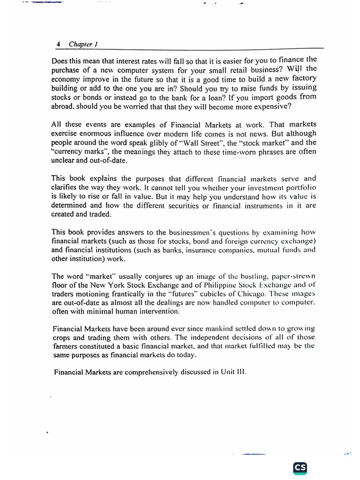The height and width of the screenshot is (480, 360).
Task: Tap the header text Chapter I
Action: (82, 44)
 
